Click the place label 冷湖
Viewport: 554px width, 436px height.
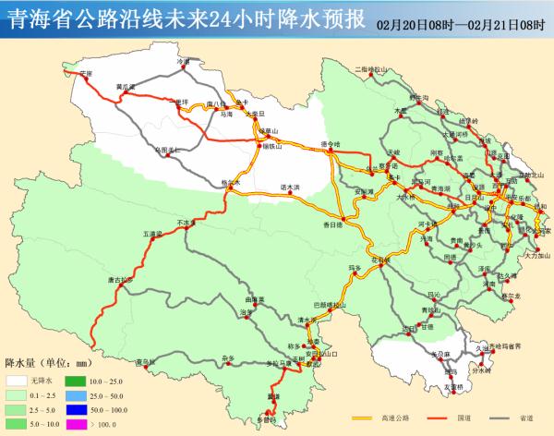(183, 61)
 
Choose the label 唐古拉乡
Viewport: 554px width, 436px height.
(120, 279)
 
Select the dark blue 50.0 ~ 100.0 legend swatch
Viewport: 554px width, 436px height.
(74, 408)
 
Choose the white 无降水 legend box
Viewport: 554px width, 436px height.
(16, 381)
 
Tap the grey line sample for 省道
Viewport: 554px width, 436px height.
(496, 417)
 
